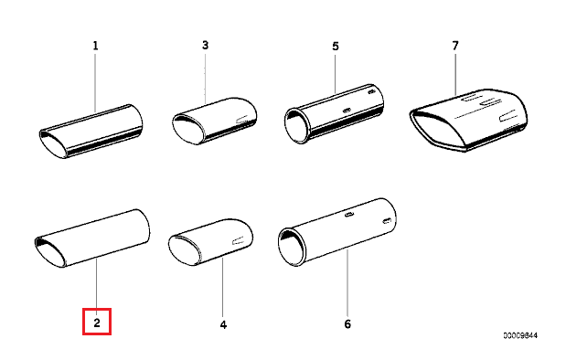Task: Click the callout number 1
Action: coord(95,43)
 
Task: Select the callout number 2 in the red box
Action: coord(96,322)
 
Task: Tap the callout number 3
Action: coord(205,44)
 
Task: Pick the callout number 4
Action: coord(222,323)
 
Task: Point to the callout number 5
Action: coord(335,44)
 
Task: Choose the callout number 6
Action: coord(347,323)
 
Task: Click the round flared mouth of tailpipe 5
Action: coord(297,126)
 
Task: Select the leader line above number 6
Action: coord(347,283)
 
